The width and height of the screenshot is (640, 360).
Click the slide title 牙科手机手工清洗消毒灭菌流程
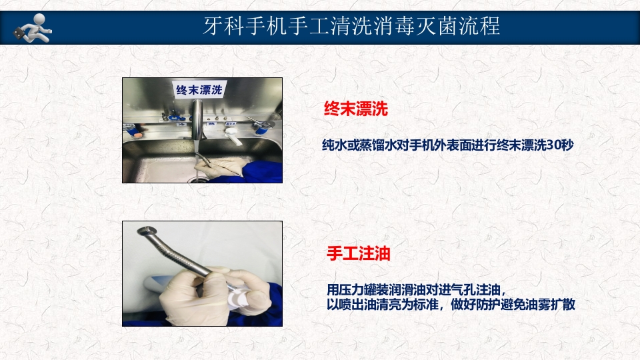pos(351,26)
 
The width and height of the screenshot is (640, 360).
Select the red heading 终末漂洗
pos(355,109)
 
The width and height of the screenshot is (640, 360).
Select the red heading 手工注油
pos(358,254)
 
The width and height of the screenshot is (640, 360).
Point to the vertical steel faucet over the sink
pos(197,120)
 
